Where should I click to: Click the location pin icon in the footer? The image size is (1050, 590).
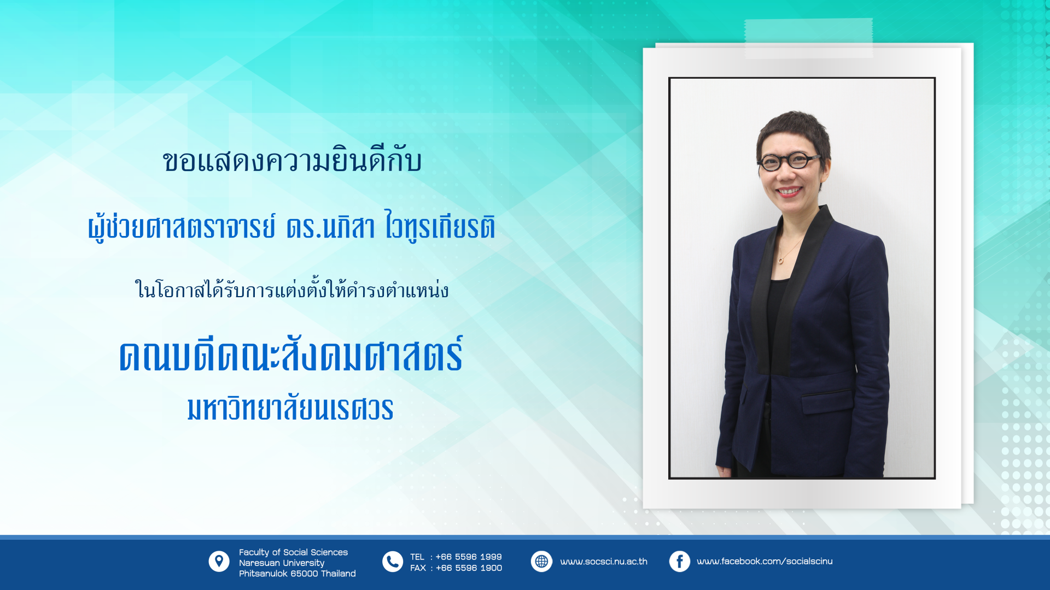point(219,561)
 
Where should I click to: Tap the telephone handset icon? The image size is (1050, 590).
point(393,562)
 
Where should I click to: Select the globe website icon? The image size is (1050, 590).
point(541,562)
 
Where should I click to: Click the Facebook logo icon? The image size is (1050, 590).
point(680,562)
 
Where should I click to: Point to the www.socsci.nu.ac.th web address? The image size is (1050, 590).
point(604,562)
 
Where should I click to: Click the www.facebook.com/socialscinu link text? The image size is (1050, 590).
point(765,562)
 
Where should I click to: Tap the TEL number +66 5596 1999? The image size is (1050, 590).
point(469,557)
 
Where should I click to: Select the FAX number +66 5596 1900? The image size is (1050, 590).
point(469,568)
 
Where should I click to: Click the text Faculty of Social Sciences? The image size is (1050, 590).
point(293,552)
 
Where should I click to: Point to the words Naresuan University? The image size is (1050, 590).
point(282,563)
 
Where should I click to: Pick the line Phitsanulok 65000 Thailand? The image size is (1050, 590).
point(297,574)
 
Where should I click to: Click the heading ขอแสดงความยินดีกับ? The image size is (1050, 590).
point(292,161)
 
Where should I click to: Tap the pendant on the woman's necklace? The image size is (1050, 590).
point(780,260)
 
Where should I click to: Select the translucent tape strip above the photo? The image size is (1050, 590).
point(808,38)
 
